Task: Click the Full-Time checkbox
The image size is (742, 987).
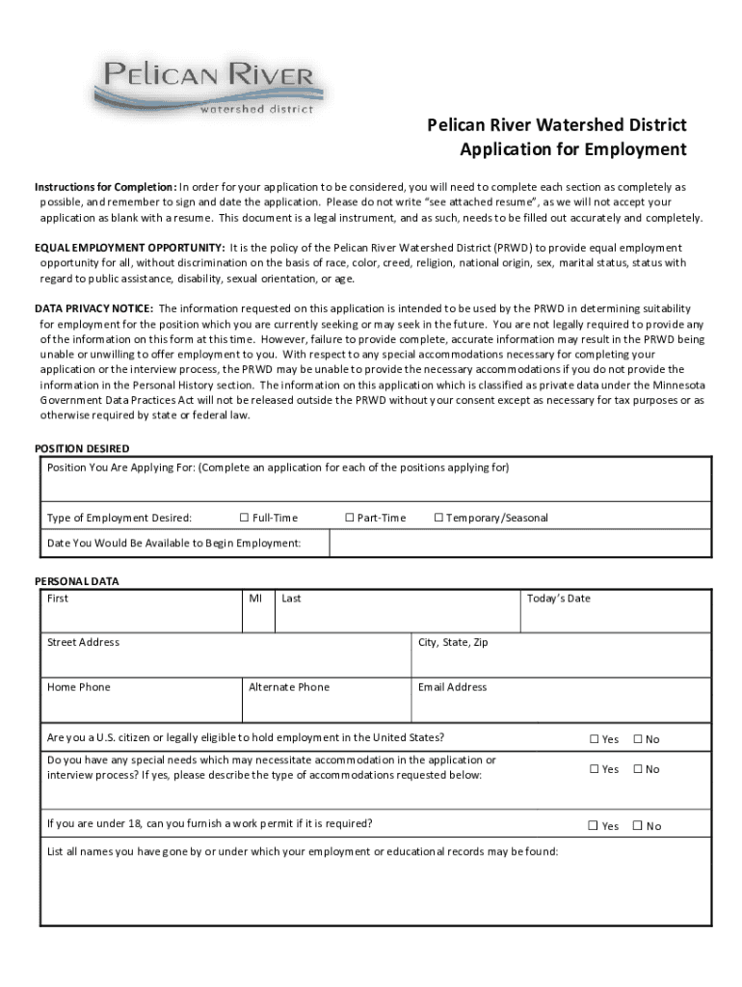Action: tap(244, 519)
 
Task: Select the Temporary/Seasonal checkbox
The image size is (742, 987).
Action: tap(438, 519)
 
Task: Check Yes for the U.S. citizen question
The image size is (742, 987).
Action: tap(595, 739)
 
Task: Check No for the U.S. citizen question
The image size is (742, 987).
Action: tap(637, 739)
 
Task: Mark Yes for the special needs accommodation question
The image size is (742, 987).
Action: tap(595, 769)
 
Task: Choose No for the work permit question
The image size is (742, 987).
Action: tap(637, 826)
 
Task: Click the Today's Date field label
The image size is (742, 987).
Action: tap(558, 599)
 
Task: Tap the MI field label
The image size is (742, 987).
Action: tap(255, 599)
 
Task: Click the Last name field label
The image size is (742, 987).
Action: tap(291, 599)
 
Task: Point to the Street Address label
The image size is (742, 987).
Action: tap(84, 642)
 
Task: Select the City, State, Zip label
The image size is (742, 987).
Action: tap(453, 642)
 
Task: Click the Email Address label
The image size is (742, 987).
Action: tap(452, 687)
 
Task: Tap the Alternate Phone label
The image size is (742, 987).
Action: tap(288, 687)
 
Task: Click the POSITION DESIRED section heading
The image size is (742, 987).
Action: tap(82, 448)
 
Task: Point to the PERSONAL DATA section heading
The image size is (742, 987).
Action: tap(77, 581)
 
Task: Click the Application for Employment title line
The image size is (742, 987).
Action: tap(572, 149)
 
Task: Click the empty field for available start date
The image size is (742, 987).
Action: tap(520, 544)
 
